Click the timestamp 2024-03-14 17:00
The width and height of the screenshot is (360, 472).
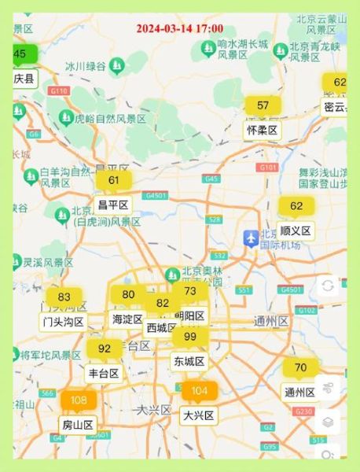[179, 28]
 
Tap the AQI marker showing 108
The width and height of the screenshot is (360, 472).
[79, 400]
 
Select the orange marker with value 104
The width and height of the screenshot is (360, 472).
[199, 391]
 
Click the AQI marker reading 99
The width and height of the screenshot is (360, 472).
[189, 337]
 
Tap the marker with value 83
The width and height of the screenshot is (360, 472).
[64, 297]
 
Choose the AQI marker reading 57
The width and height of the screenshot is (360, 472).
[263, 105]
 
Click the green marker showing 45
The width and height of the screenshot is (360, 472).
[20, 54]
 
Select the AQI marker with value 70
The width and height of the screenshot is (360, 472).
[300, 367]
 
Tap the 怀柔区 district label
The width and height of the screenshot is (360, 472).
[263, 130]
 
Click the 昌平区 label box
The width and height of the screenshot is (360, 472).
[112, 205]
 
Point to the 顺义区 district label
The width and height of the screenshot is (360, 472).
[296, 230]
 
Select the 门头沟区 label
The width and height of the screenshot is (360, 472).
[63, 322]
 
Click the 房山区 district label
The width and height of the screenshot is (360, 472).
[78, 425]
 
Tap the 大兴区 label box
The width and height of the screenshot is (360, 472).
[199, 415]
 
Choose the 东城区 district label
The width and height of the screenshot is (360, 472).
[189, 361]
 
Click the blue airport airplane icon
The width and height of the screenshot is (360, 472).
[251, 237]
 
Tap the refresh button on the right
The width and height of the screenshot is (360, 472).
[327, 286]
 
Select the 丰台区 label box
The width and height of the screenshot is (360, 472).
[104, 373]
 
